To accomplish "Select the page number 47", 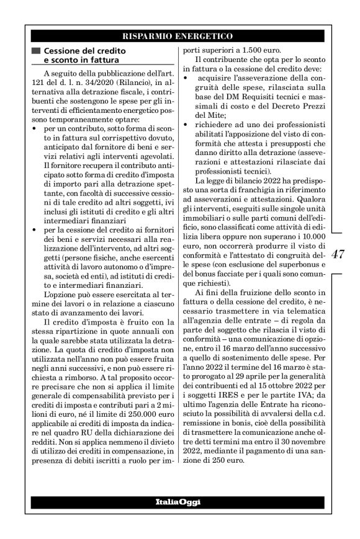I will coord(339,254).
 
